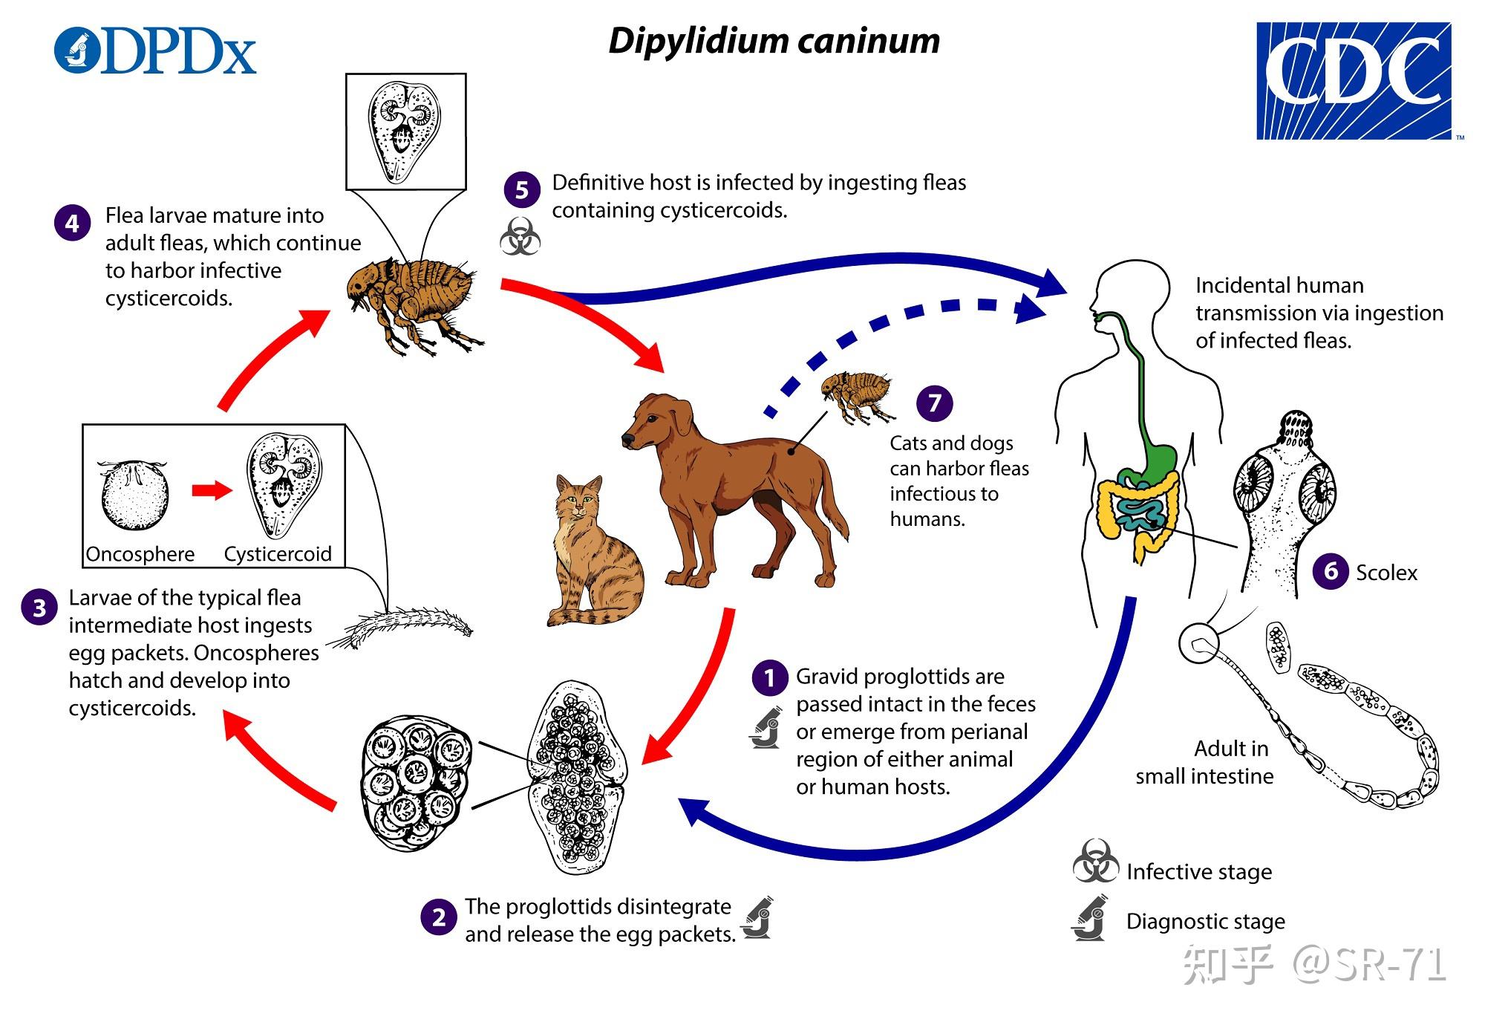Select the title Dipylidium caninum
click(774, 41)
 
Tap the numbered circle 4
click(72, 223)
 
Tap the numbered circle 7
click(934, 403)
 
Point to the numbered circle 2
click(438, 917)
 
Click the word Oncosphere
click(140, 554)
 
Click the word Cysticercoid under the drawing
click(278, 554)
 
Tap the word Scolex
click(1386, 573)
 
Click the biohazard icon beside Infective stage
click(1095, 862)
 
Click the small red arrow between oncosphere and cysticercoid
click(212, 490)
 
